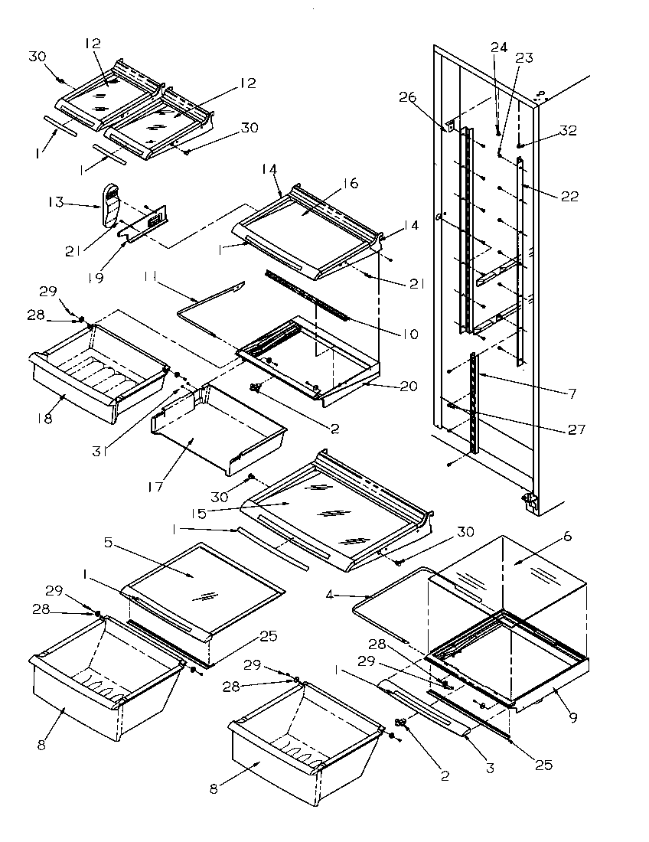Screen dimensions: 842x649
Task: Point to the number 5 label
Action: click(x=108, y=543)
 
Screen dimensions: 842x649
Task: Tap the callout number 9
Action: click(x=572, y=717)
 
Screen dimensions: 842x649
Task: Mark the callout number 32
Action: click(x=567, y=130)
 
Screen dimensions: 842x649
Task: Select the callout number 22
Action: click(x=569, y=196)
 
